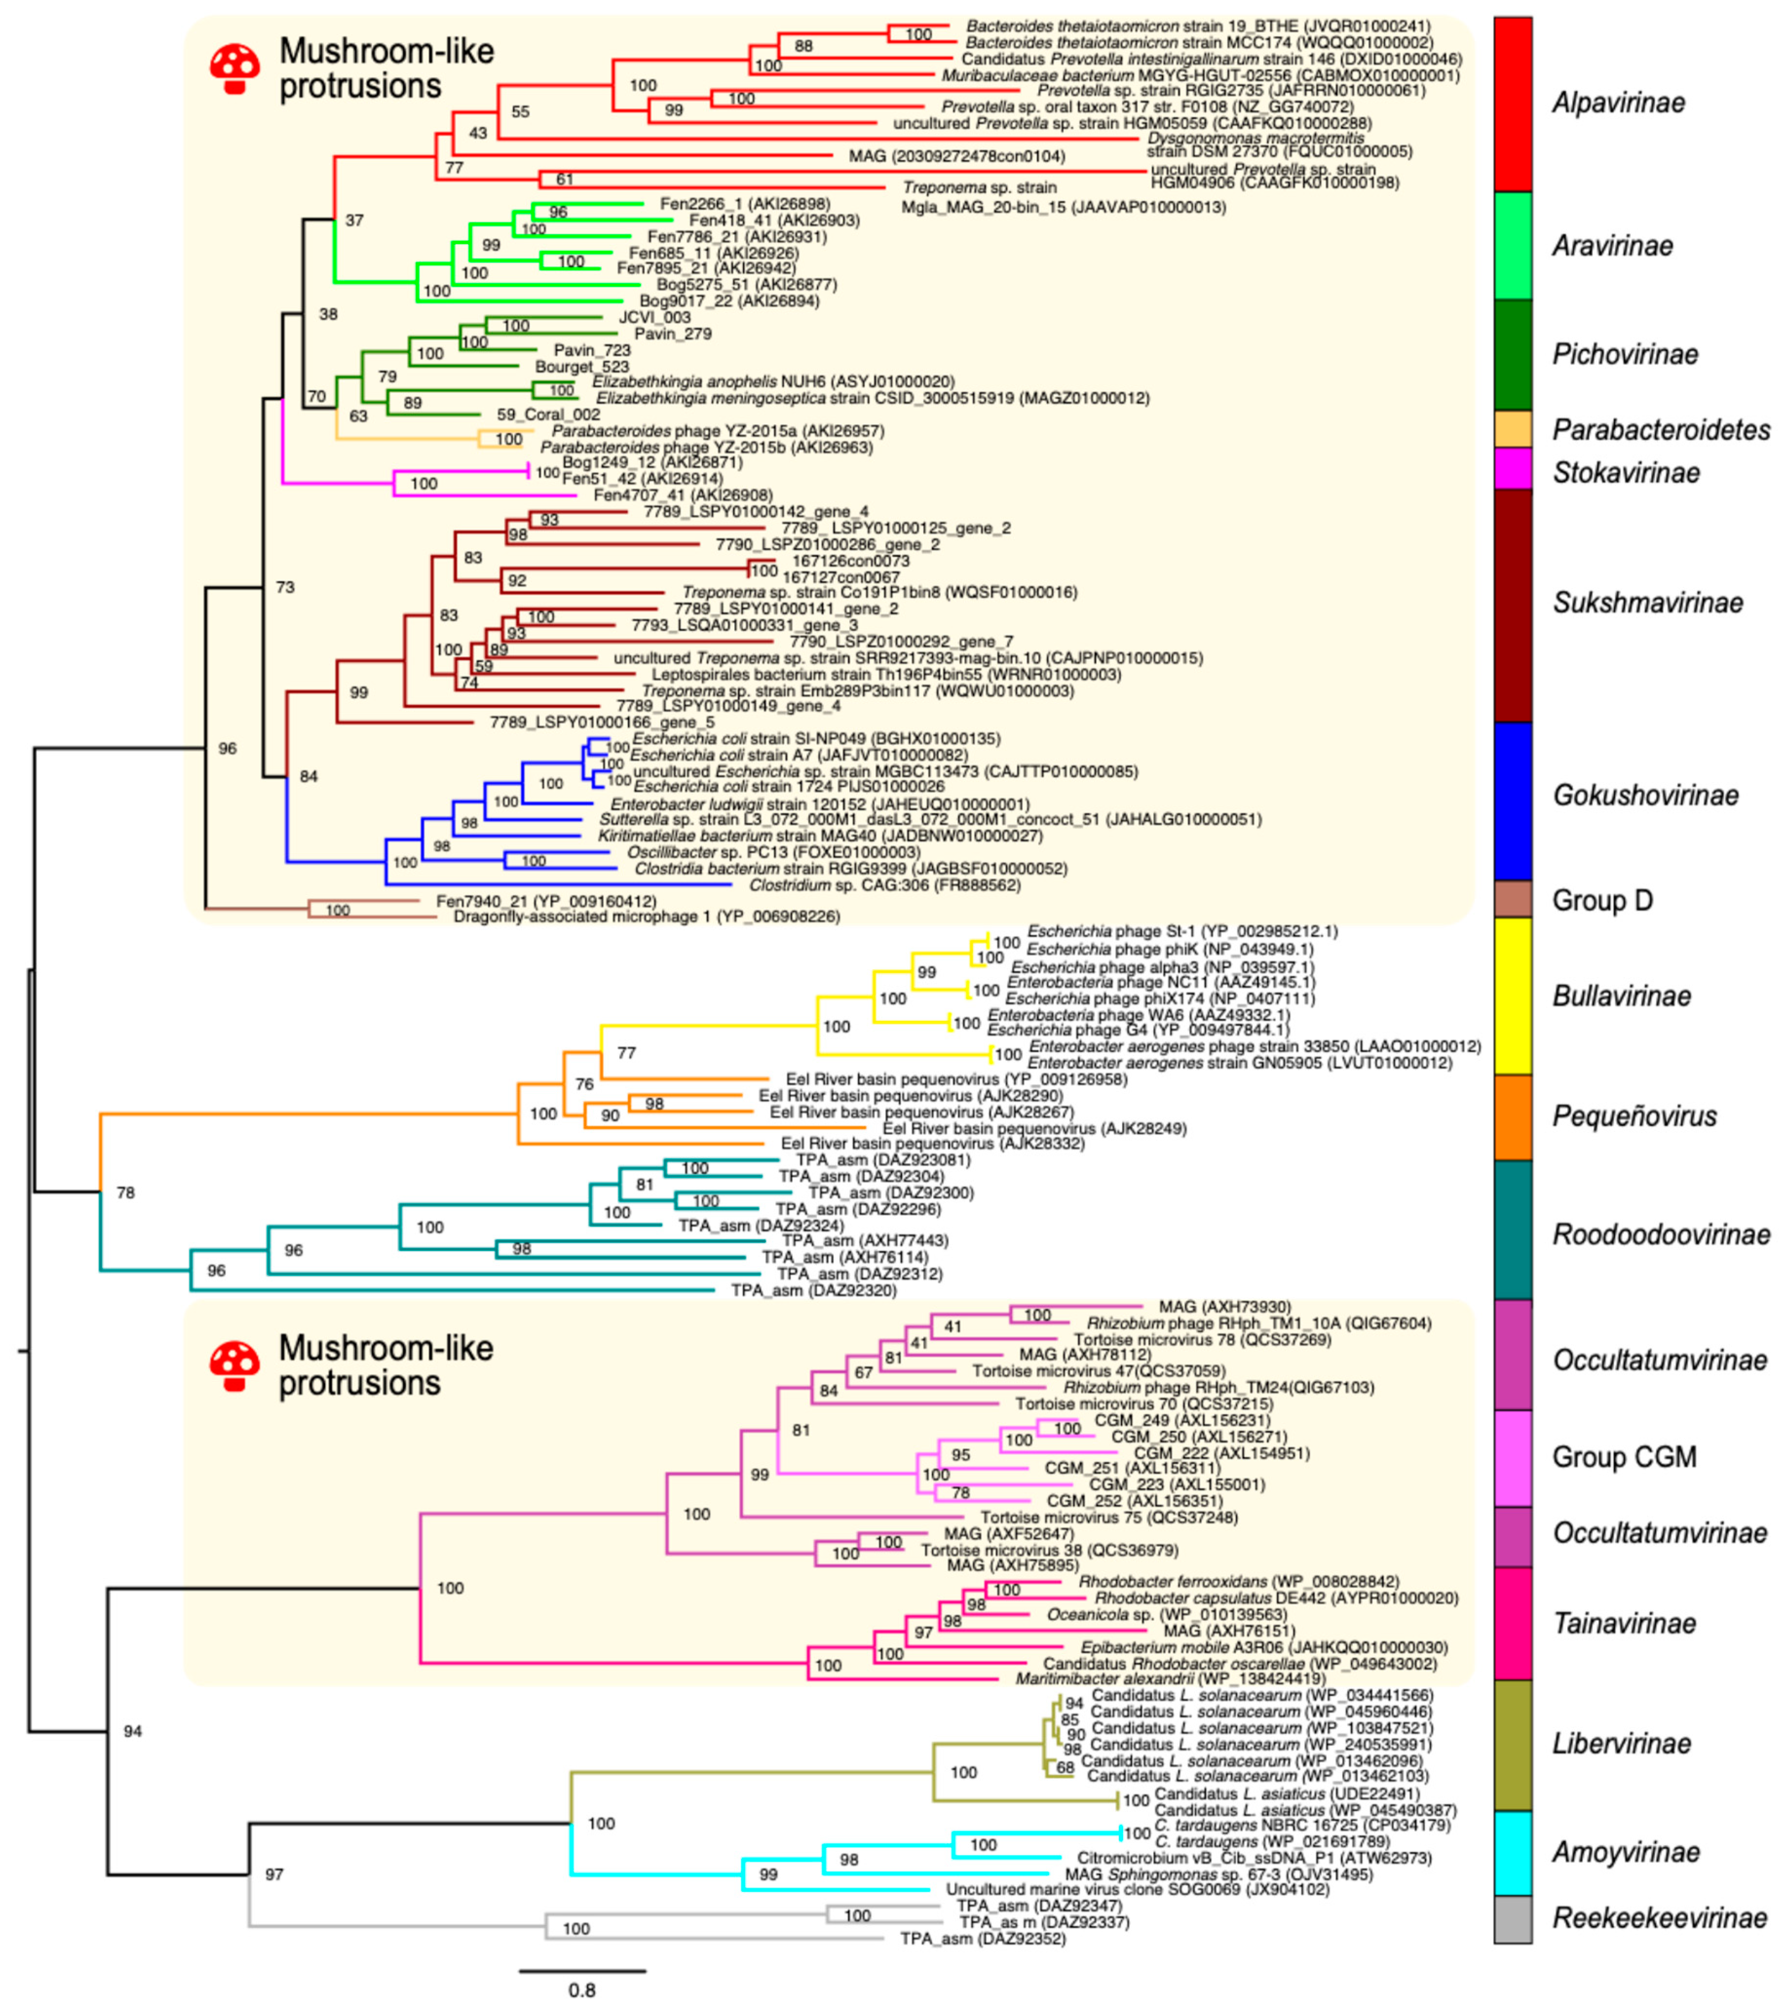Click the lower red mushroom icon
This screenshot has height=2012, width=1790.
(x=234, y=1366)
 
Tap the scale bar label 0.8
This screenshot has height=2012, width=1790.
(x=581, y=1990)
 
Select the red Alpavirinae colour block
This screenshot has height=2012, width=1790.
(x=1512, y=104)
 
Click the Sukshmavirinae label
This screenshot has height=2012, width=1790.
(x=1647, y=602)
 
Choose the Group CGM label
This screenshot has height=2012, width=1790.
(x=1624, y=1457)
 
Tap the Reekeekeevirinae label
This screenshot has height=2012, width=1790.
(x=1659, y=1918)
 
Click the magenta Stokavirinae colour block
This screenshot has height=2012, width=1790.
(x=1512, y=468)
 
